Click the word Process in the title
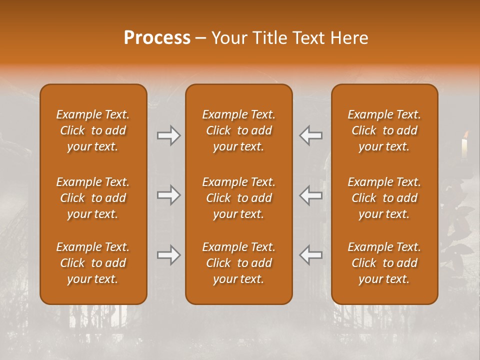[x=157, y=38]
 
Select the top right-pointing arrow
[x=169, y=135]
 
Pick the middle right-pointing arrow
[x=169, y=195]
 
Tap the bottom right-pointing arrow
[x=169, y=255]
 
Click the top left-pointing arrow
[x=311, y=135]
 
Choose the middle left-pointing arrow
[x=311, y=195]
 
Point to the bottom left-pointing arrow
[x=311, y=255]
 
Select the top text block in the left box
[x=93, y=130]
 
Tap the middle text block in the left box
[x=93, y=198]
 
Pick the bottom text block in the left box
[x=93, y=263]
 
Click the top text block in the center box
[x=238, y=130]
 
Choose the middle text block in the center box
[x=238, y=198]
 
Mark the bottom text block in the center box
[x=238, y=263]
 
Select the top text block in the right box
[x=384, y=130]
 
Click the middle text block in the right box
[x=384, y=198]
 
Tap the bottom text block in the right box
[x=384, y=263]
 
